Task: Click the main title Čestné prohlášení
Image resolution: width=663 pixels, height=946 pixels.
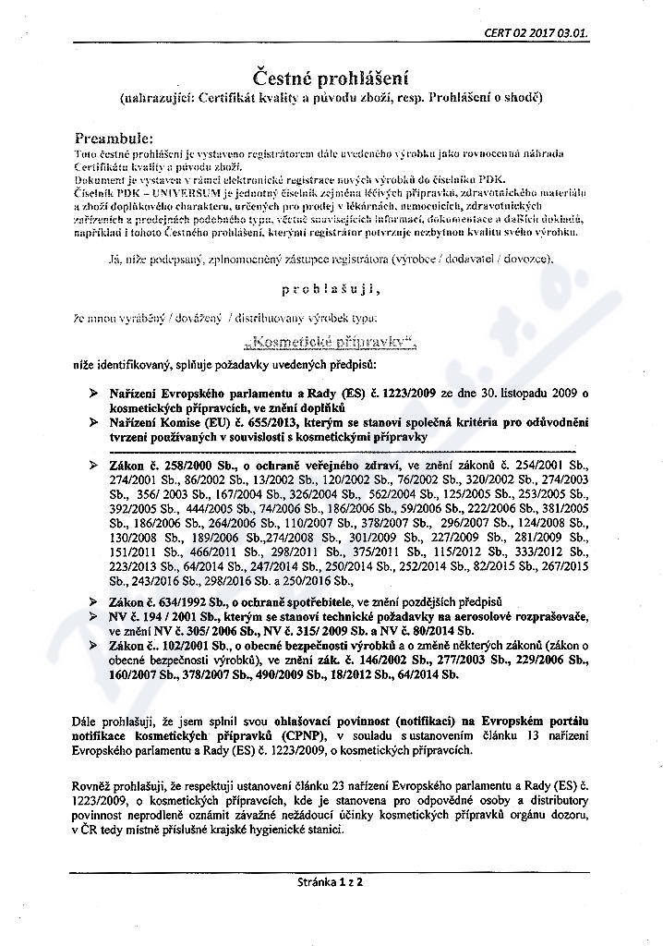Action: coord(331,77)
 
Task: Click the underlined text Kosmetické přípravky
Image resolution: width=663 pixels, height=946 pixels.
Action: coord(331,342)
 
